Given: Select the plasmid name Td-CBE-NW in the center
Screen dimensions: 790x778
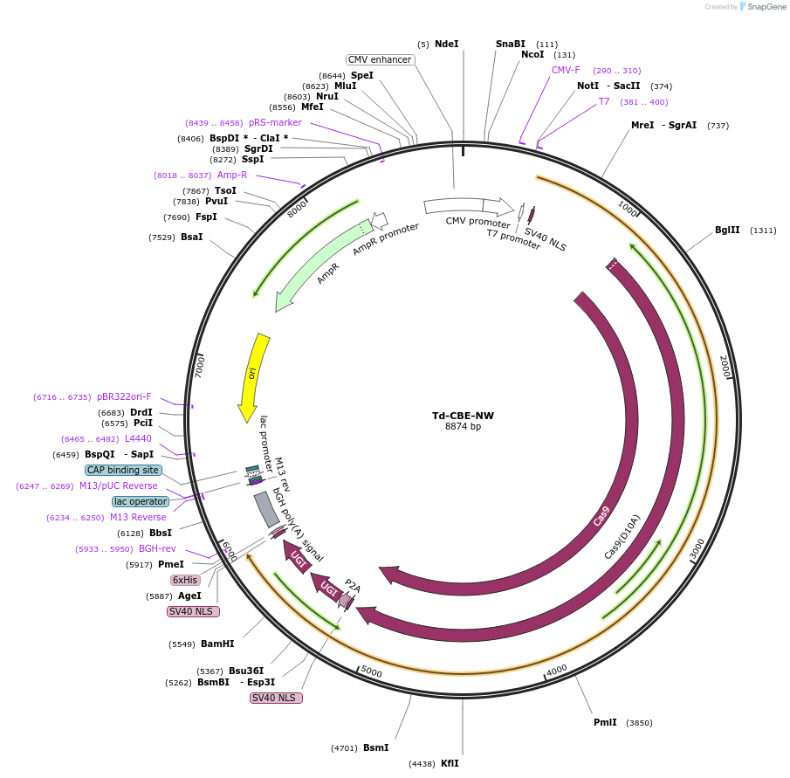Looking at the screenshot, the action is [463, 416].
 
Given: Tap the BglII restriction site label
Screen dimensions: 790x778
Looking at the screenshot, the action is [727, 230].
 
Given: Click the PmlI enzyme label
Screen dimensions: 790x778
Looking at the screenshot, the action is [605, 722].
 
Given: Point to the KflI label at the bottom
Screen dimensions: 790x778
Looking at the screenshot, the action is [450, 763].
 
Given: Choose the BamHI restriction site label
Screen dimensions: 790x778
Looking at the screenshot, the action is [217, 644].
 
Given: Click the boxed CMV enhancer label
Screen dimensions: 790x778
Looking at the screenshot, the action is [380, 59].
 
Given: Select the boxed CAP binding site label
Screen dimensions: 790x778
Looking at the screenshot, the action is [123, 470].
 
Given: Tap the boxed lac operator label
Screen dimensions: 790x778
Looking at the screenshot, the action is [141, 501].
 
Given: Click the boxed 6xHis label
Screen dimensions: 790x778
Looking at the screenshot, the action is [185, 580].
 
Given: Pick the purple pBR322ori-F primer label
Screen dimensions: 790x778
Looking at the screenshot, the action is [124, 396].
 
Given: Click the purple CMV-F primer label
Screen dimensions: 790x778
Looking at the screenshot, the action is [566, 70].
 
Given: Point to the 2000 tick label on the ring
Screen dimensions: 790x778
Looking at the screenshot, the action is [725, 367].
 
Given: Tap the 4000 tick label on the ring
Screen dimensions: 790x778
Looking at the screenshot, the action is [557, 671].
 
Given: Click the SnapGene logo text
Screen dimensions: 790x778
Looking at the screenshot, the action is [766, 7].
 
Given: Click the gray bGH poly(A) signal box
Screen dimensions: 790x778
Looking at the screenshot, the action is [266, 509].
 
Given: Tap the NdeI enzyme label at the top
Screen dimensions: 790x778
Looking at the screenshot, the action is [446, 44].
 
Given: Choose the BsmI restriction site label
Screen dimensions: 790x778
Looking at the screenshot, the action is [376, 747].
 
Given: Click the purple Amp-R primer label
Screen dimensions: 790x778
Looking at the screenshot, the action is [232, 175].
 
